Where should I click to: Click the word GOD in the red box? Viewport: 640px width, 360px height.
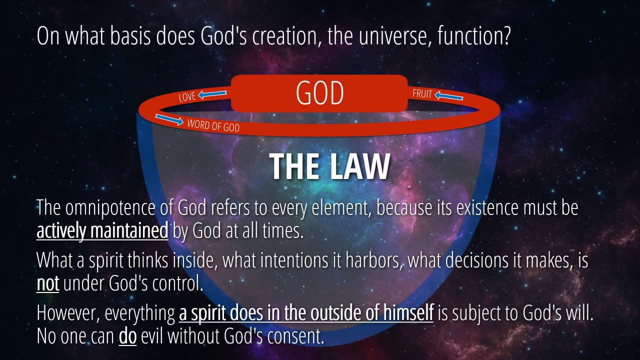(319, 93)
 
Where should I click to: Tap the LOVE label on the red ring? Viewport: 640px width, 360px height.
(187, 97)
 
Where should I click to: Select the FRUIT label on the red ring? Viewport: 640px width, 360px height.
(422, 93)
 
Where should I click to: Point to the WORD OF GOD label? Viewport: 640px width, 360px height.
(213, 125)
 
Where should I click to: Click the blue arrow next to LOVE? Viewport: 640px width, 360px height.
(212, 94)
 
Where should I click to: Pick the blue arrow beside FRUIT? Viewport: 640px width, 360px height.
(448, 96)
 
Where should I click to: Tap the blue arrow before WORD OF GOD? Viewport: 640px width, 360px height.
(169, 119)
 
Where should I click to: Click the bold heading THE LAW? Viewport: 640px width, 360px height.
(329, 166)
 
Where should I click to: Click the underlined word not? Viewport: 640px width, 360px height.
(47, 283)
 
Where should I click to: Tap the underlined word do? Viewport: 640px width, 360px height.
(127, 336)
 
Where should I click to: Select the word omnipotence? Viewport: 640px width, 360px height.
(110, 207)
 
